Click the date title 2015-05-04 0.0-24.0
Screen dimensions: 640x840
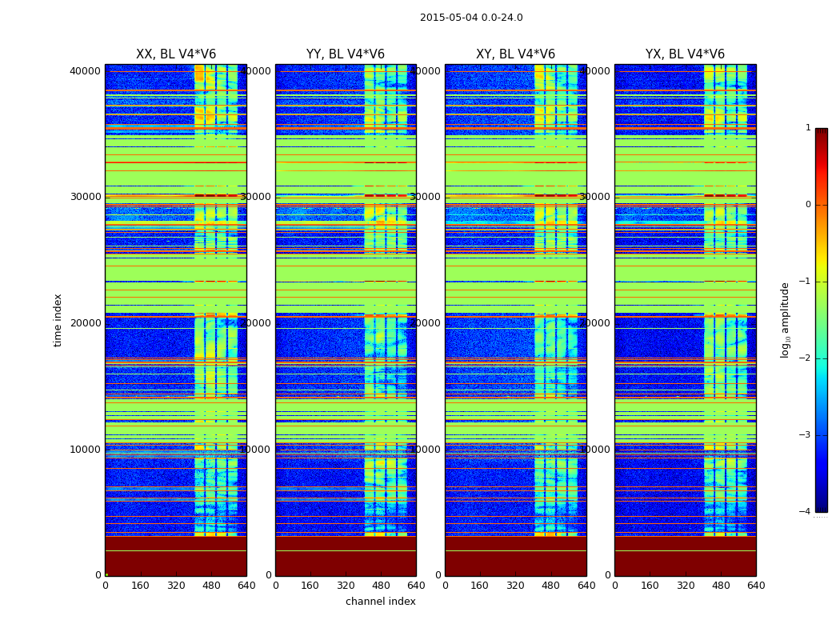471,18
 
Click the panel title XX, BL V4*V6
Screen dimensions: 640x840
176,54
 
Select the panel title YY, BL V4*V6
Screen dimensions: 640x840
346,54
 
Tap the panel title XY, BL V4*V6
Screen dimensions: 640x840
515,54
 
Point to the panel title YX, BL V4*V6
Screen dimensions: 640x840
685,54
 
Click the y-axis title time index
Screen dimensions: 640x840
58,319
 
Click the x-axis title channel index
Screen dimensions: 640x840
381,602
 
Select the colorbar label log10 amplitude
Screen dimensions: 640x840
786,319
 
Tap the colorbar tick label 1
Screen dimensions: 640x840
808,128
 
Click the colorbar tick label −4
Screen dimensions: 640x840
806,512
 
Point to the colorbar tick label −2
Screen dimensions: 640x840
806,358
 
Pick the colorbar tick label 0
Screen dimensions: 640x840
808,205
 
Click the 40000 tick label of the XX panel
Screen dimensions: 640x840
85,71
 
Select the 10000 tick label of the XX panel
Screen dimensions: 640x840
85,449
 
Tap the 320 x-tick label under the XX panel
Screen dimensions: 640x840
176,586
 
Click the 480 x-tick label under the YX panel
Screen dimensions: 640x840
721,586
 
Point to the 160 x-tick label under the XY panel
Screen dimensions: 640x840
480,586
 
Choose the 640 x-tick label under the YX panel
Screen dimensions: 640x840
756,586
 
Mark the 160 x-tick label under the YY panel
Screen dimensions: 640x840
310,586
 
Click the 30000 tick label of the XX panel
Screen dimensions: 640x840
85,197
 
